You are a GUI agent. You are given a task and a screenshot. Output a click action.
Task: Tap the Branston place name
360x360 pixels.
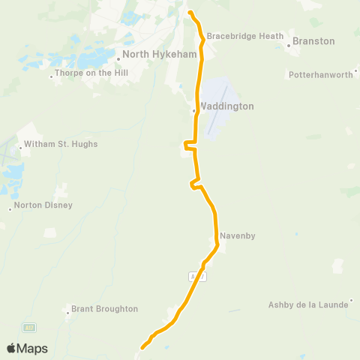[313, 41]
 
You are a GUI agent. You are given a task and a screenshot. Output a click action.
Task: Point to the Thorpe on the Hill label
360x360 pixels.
[90, 74]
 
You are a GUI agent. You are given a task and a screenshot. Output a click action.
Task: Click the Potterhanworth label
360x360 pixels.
[320, 75]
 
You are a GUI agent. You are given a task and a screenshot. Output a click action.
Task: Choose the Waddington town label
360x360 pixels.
[226, 106]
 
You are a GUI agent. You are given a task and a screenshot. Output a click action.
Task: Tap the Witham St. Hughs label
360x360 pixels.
[61, 144]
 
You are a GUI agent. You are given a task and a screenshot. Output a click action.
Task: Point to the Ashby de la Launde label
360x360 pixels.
[309, 304]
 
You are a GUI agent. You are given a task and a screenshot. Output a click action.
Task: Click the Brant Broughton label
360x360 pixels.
[104, 309]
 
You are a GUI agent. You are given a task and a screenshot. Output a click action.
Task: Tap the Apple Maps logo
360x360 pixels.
[27, 348]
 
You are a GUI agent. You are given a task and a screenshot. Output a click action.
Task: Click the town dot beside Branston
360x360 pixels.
[289, 45]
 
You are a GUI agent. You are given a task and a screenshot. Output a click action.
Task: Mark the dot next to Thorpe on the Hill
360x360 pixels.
[51, 75]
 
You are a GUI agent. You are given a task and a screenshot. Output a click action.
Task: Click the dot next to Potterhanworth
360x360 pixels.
[355, 75]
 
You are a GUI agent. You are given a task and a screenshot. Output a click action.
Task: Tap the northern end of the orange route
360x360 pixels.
[190, 13]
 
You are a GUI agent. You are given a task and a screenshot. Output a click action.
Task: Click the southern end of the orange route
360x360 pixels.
[142, 346]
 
